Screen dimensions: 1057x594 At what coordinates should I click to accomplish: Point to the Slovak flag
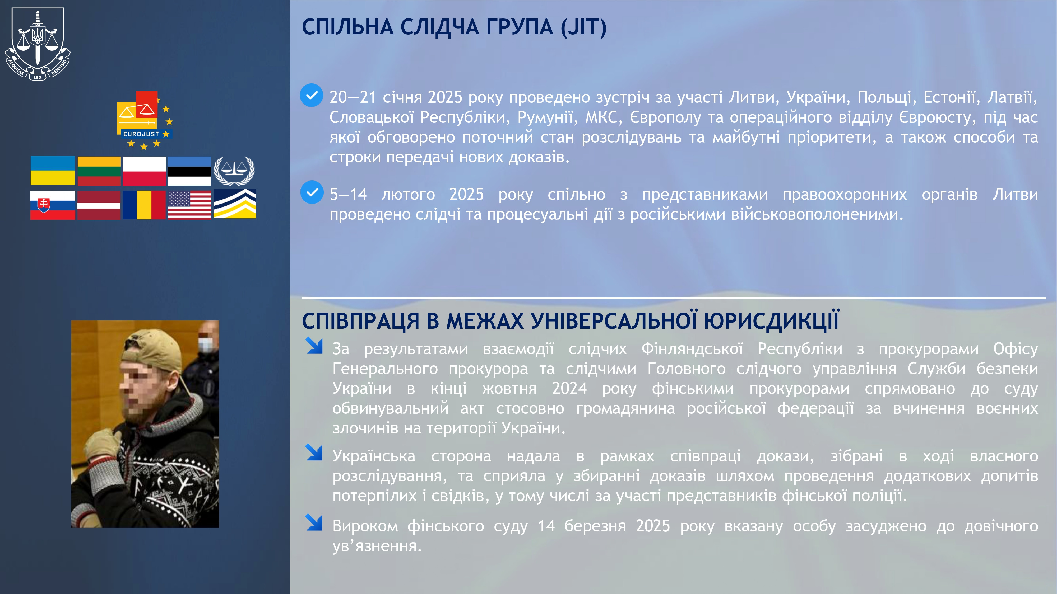click(x=53, y=205)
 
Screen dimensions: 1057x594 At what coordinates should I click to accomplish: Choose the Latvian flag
click(x=99, y=205)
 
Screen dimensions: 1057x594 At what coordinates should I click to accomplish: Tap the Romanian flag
click(x=144, y=205)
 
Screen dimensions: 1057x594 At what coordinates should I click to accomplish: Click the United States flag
click(x=189, y=205)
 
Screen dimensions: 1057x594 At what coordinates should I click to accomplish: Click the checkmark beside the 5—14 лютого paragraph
click(x=312, y=192)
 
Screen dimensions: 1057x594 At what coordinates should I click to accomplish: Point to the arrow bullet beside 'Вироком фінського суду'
click(x=314, y=523)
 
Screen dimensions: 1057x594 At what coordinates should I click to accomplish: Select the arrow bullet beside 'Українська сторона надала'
click(x=314, y=452)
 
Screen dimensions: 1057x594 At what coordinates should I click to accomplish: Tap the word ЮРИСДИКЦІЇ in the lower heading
click(x=771, y=320)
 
